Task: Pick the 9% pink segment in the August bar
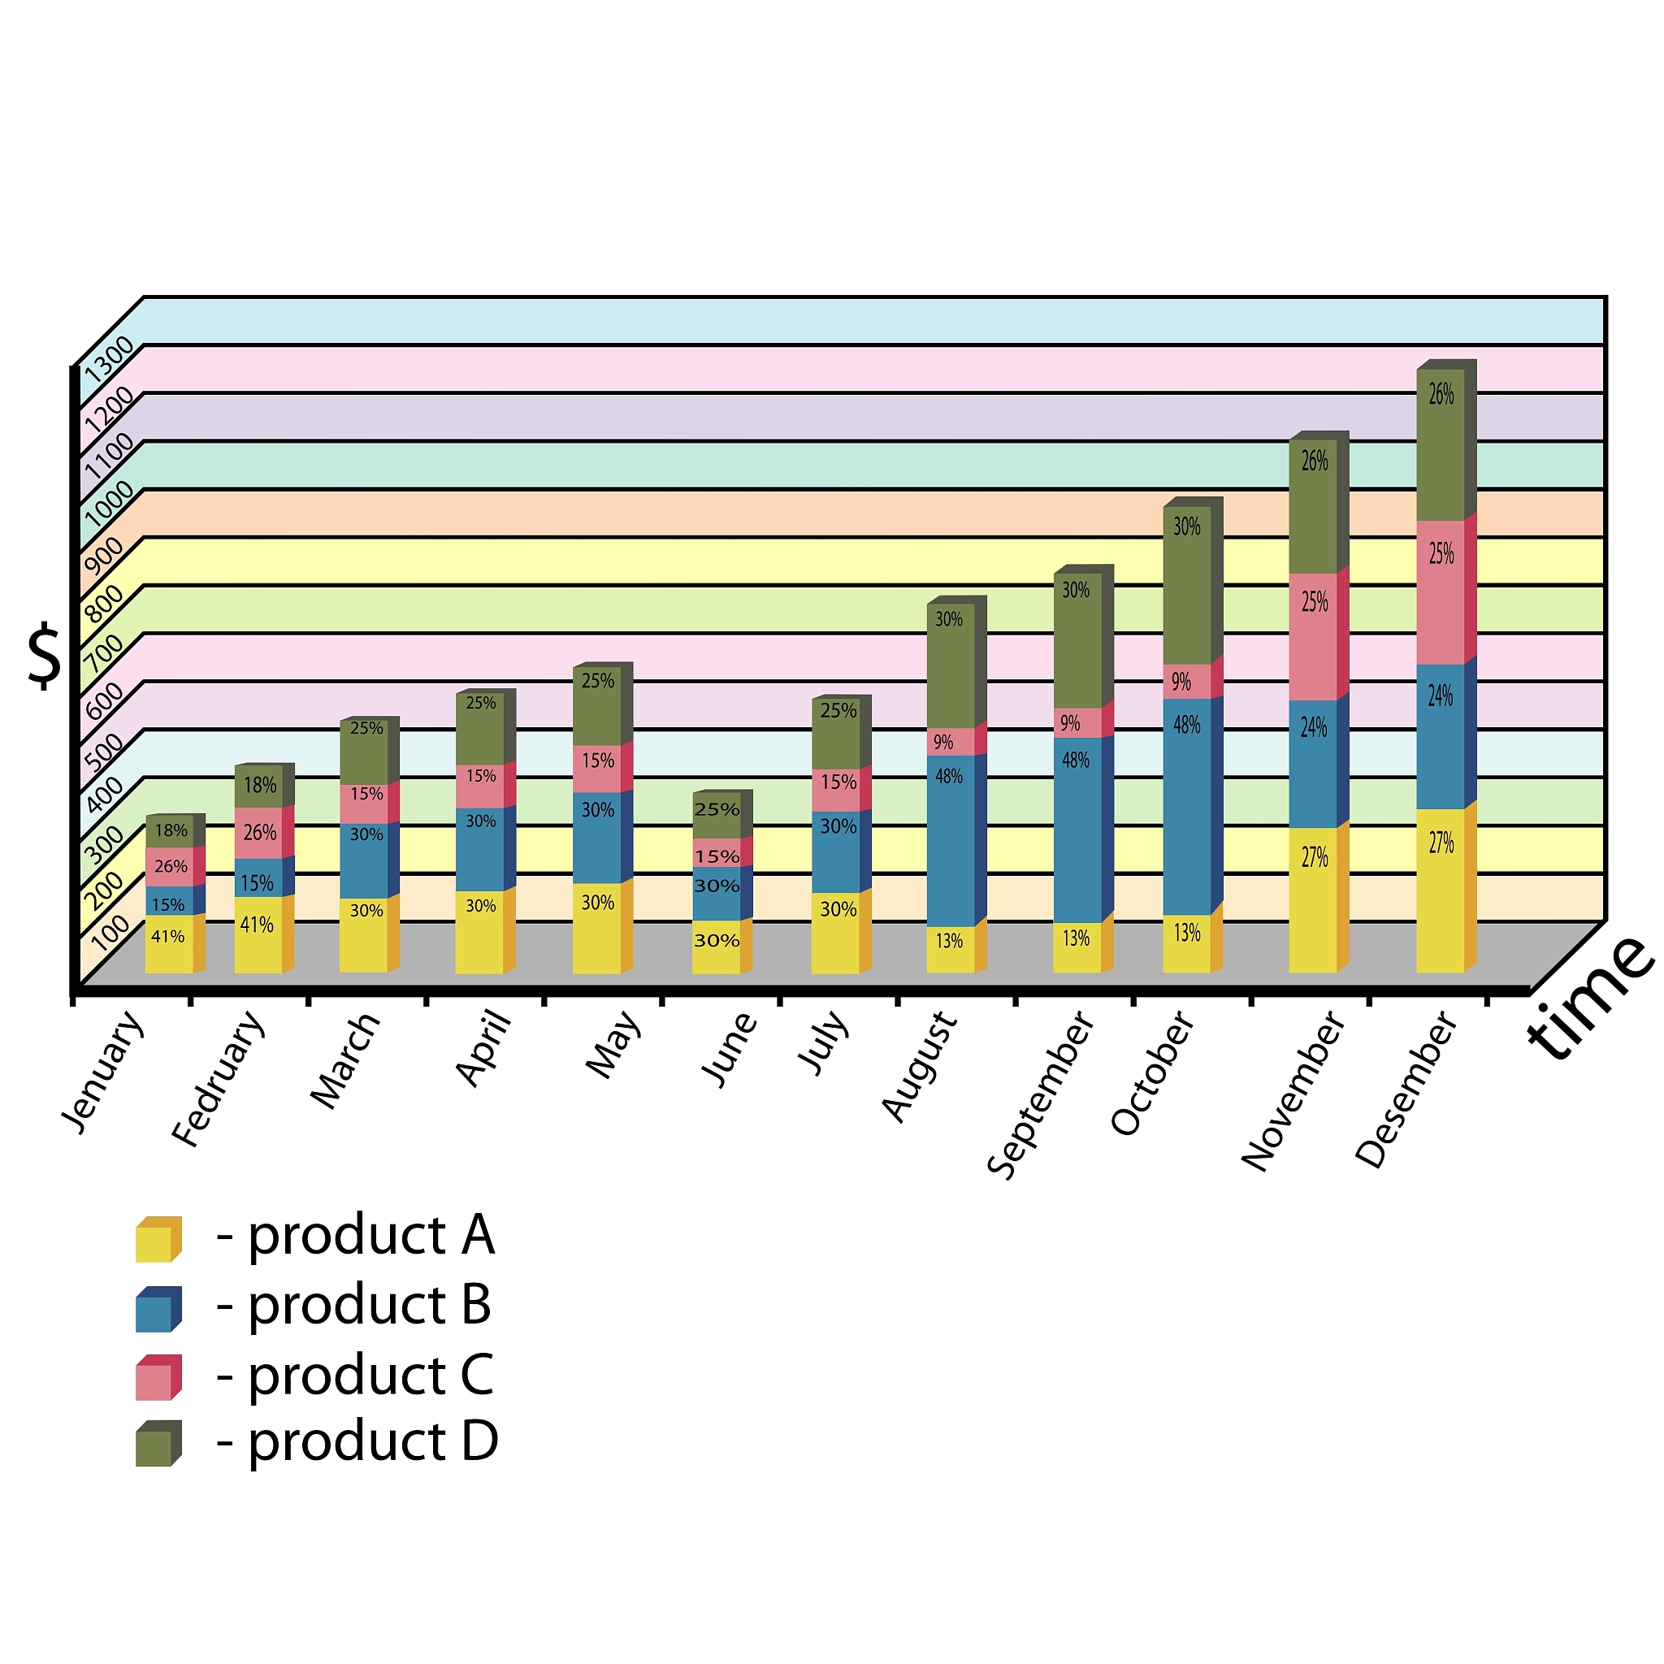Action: tap(950, 742)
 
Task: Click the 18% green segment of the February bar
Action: tap(258, 786)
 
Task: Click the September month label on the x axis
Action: tap(1041, 1094)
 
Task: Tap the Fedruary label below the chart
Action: tap(218, 1078)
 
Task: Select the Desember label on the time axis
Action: tap(1406, 1090)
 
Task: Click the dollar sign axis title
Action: tap(45, 658)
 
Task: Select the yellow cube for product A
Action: tap(158, 1239)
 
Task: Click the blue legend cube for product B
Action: tap(158, 1309)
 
